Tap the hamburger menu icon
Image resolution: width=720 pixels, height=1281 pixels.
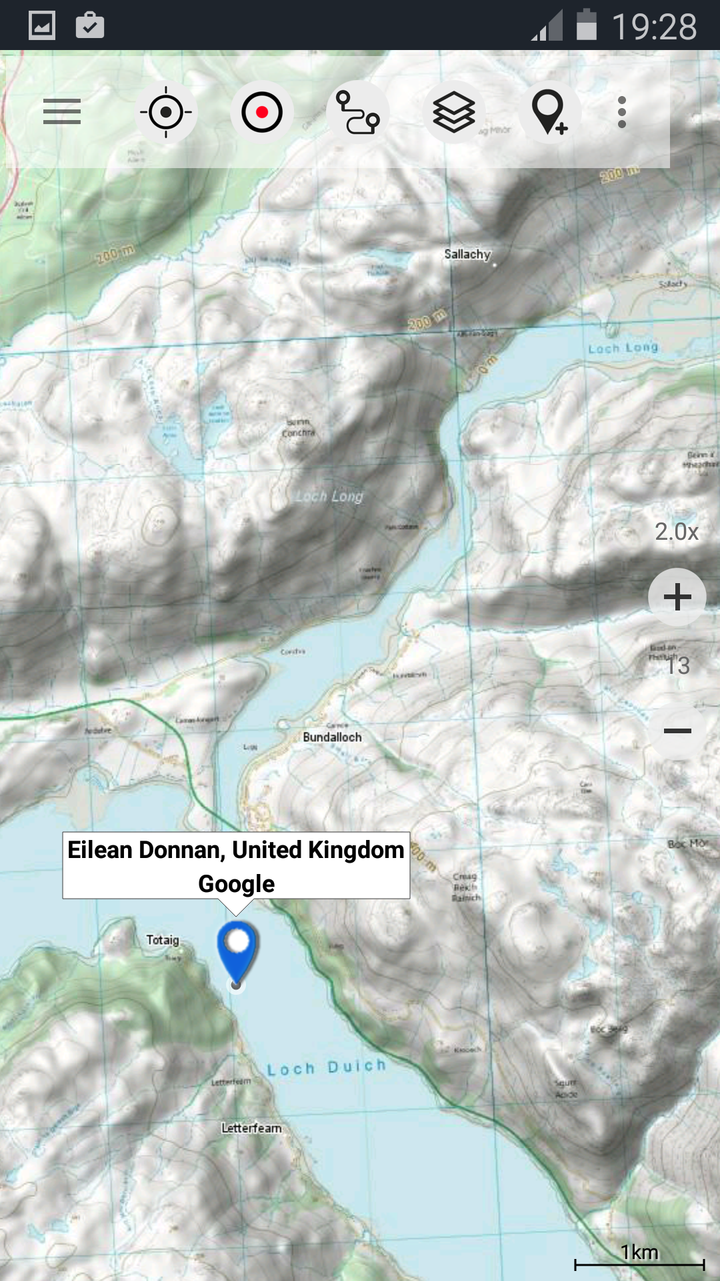62,112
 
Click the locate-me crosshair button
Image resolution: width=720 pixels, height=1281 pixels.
166,112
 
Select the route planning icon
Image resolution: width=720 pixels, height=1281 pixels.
358,112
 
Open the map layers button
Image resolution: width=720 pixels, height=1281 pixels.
454,112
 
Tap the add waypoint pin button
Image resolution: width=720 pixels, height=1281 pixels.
549,112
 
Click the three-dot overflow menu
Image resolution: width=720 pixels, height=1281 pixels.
622,112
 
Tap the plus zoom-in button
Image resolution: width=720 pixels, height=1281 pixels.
677,597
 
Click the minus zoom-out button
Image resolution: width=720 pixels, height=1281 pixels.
677,731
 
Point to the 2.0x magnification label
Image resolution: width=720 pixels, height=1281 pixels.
677,532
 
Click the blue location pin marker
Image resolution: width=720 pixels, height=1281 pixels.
237,951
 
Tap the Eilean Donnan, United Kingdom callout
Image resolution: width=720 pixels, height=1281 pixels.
236,865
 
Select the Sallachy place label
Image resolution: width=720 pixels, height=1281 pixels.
467,254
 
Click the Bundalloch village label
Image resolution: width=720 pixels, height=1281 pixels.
332,737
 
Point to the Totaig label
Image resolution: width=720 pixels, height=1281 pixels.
163,940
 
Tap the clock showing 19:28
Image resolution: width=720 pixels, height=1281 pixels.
655,27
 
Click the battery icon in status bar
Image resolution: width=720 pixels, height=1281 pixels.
586,25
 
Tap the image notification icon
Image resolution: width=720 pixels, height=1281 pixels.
42,26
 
